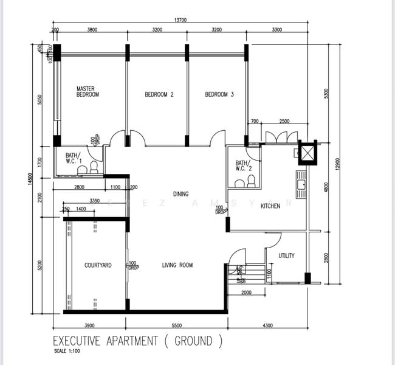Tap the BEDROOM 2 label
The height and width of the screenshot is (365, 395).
159,94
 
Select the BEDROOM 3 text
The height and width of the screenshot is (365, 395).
219,94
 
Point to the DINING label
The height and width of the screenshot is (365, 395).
180,194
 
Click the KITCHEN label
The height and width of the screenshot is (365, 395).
270,206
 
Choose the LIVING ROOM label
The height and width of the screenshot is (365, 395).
177,265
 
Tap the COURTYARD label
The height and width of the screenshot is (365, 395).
97,265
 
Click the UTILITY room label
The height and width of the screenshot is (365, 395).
286,255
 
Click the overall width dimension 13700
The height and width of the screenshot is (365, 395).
180,20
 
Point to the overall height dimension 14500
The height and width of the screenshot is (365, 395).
29,181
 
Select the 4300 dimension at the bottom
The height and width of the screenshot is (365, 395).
267,325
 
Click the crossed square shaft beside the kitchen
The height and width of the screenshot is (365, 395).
307,152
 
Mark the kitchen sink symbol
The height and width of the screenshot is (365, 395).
301,181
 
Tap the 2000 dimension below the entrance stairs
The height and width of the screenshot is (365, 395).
246,293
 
